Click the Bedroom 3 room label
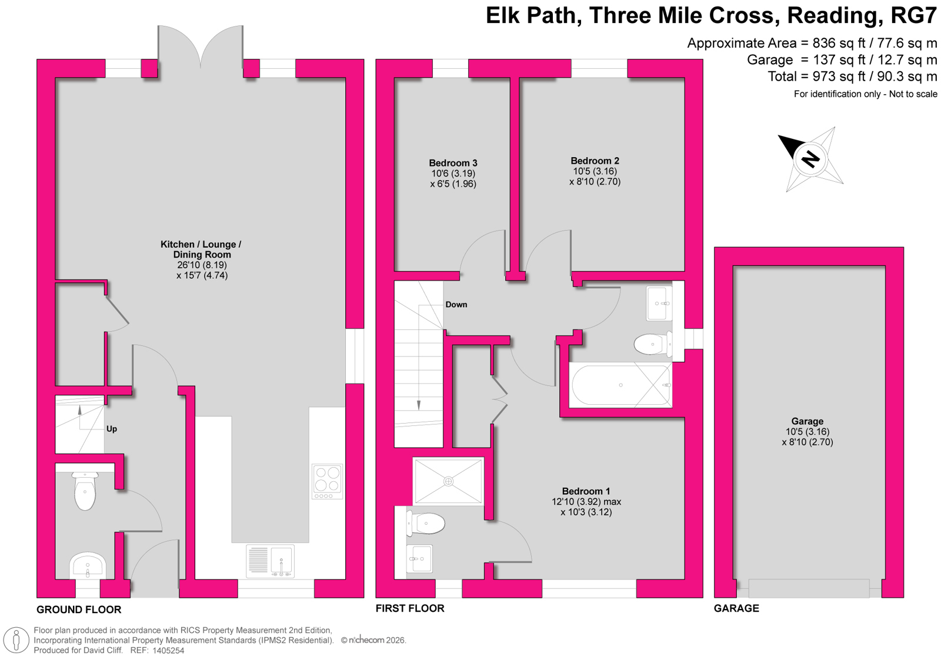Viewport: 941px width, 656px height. (453, 163)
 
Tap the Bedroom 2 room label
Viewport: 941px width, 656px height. (595, 161)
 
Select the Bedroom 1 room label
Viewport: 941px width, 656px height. (586, 491)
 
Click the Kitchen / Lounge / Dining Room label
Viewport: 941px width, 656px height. (201, 249)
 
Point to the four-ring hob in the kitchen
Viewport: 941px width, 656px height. (327, 481)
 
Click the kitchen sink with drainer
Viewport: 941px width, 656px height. (270, 561)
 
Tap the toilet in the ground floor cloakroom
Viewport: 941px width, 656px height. (85, 491)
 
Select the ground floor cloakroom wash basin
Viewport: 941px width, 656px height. (88, 566)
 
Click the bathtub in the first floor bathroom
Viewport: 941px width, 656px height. (620, 385)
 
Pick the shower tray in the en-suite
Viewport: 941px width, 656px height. (448, 481)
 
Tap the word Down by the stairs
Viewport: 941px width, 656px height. (456, 305)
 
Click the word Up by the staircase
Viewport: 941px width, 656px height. (111, 429)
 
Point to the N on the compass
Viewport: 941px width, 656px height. (810, 159)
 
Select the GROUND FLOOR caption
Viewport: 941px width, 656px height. (79, 610)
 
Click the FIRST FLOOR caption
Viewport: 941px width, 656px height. (410, 608)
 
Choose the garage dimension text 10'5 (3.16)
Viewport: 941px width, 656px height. (807, 432)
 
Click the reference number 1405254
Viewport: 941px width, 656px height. (168, 651)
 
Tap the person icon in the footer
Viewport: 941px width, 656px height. (16, 641)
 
